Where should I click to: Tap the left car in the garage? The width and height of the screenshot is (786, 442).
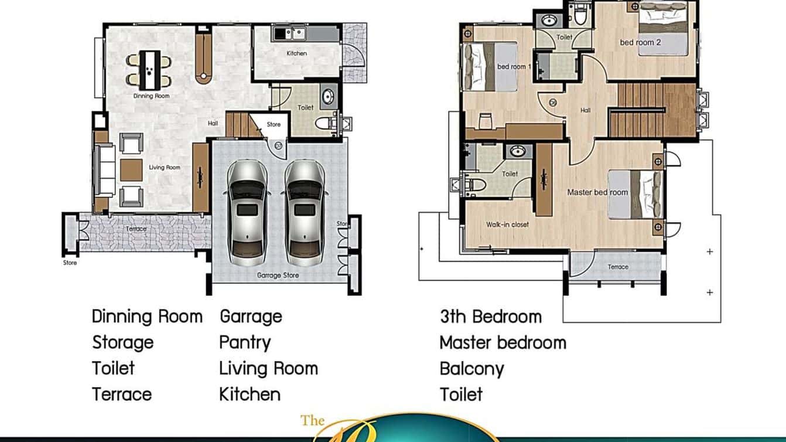point(247,212)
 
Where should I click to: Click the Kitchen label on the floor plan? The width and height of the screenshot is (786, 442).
point(296,53)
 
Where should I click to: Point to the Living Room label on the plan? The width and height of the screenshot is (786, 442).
point(165,168)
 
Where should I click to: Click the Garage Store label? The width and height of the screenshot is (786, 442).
point(278,275)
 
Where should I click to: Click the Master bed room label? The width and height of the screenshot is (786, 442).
point(597,192)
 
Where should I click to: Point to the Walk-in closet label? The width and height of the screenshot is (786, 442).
point(507,225)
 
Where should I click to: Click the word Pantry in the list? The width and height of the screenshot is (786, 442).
point(245,342)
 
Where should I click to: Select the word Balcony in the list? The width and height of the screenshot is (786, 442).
point(471,369)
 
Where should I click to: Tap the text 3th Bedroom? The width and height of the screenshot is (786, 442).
point(490,317)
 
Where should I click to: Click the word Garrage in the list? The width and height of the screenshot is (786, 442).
point(251,317)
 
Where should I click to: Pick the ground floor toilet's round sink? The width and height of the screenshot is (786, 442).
point(327,97)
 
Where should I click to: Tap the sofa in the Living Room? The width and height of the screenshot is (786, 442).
point(106,171)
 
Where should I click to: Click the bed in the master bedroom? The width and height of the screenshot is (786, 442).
point(635,194)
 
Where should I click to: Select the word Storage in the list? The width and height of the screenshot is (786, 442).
point(122,342)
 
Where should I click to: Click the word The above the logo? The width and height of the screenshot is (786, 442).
point(313,420)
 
